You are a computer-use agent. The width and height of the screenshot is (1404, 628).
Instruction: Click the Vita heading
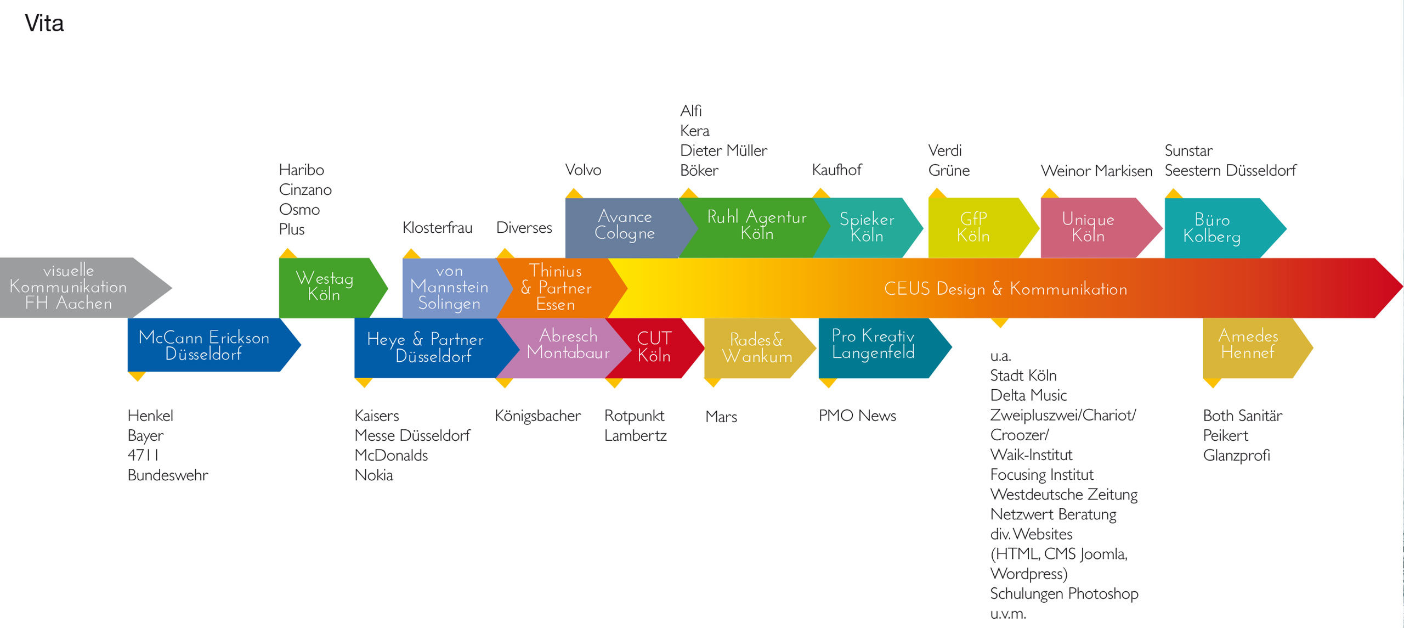point(44,24)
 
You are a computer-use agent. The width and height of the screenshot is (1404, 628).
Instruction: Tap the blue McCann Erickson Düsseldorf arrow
point(204,345)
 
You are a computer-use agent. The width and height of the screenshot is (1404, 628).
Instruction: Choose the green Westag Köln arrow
point(325,287)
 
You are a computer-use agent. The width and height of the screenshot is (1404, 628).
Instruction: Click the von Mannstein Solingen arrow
point(449,287)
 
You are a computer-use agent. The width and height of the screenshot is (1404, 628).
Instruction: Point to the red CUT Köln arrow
point(654,347)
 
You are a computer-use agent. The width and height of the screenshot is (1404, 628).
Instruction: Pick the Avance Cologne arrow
point(624,225)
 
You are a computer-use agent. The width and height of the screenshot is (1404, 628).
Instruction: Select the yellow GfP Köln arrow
point(973,227)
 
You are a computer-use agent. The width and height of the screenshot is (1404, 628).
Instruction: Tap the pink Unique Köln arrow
point(1088,227)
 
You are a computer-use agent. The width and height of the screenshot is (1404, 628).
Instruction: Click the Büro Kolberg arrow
point(1212,228)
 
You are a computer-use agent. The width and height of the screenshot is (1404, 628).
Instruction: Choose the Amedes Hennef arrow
point(1248,345)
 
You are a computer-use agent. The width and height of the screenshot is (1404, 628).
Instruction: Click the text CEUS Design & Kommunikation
point(1005,289)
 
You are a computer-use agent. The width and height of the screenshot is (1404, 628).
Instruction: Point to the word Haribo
point(301,170)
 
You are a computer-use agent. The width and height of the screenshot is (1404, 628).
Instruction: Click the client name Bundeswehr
point(168,475)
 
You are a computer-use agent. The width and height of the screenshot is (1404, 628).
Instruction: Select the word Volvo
point(583,170)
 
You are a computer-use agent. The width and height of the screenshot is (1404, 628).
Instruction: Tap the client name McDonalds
point(391,456)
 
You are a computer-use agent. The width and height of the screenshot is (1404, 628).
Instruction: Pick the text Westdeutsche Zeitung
point(1063,495)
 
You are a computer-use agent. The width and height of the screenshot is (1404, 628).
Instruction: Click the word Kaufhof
point(836,170)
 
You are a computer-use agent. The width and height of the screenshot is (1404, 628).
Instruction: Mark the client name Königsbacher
point(537,416)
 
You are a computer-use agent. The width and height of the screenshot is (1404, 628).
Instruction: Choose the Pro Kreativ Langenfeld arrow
point(873,345)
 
